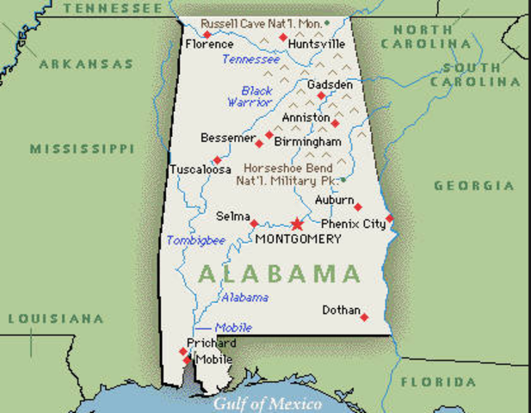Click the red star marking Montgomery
click(x=298, y=223)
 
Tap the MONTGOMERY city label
click(x=299, y=239)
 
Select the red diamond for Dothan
click(x=364, y=317)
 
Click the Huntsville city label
click(x=317, y=44)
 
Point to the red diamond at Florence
click(x=207, y=34)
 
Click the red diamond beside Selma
click(x=255, y=224)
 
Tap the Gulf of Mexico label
click(x=268, y=403)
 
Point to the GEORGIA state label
click(x=474, y=186)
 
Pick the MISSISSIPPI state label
click(x=83, y=149)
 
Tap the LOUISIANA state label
click(x=56, y=318)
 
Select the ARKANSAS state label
click(x=86, y=64)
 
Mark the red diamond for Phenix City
click(x=389, y=218)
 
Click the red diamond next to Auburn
click(x=358, y=206)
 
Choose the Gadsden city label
click(x=330, y=85)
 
